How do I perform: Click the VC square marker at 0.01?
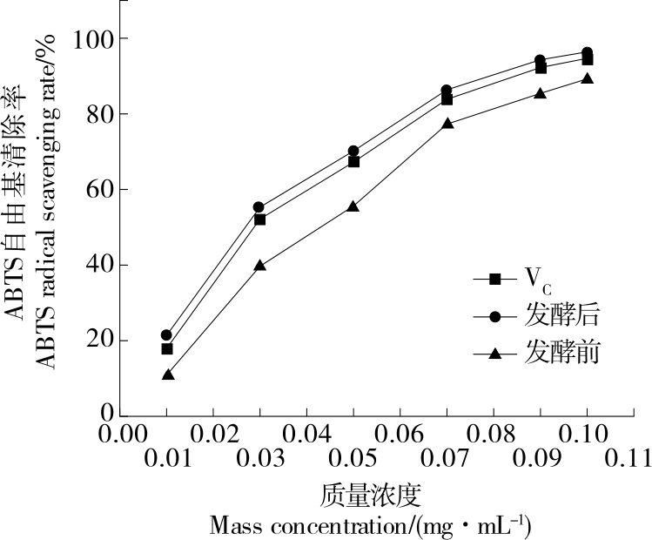(167, 348)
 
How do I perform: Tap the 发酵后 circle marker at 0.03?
(259, 207)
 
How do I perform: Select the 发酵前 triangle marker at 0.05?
(353, 207)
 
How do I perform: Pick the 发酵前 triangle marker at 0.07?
(447, 124)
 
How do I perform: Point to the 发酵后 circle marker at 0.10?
(587, 53)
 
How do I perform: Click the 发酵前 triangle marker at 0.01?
(167, 375)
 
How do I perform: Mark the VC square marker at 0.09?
(540, 67)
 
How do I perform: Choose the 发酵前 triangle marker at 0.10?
(587, 78)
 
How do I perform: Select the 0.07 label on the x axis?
(447, 458)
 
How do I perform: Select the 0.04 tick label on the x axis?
(306, 433)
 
